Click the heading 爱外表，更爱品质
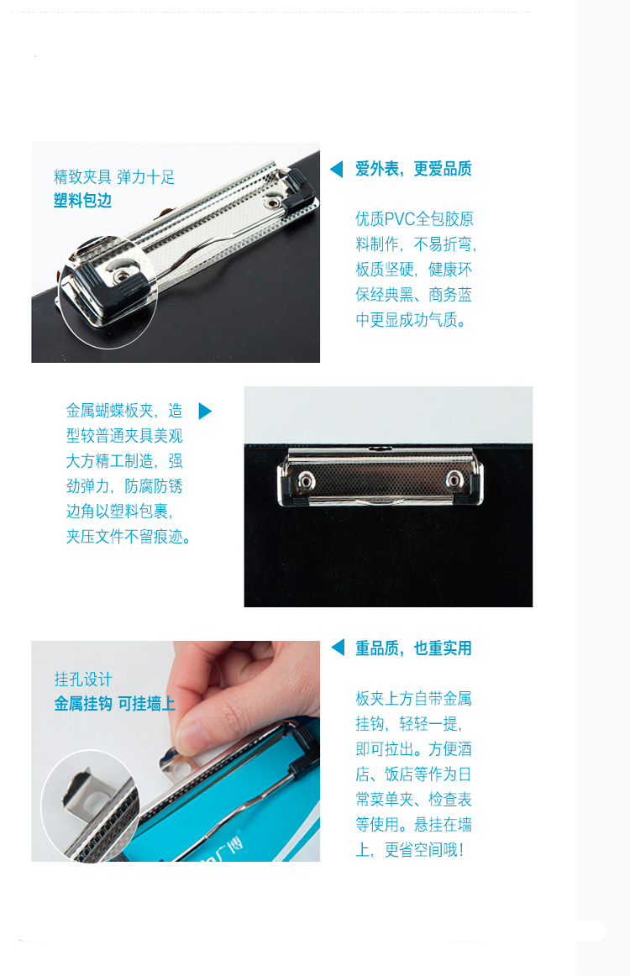pos(413,169)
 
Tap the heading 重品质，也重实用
pos(413,648)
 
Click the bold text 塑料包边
pos(83,201)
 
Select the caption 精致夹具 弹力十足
pos(114,176)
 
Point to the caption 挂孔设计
pos(83,680)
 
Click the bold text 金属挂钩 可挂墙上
pos(114,703)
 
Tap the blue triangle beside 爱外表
pos(336,169)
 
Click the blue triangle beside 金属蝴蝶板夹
pos(205,411)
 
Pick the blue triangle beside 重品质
pos(338,648)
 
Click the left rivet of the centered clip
pos(306,480)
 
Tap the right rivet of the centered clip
pos(454,480)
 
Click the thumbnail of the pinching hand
pos(176,751)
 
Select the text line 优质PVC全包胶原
pos(415,219)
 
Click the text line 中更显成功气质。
pos(411,320)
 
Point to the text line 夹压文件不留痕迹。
pos(129,537)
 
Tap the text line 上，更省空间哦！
pos(410,850)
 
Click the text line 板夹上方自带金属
pos(413,698)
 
